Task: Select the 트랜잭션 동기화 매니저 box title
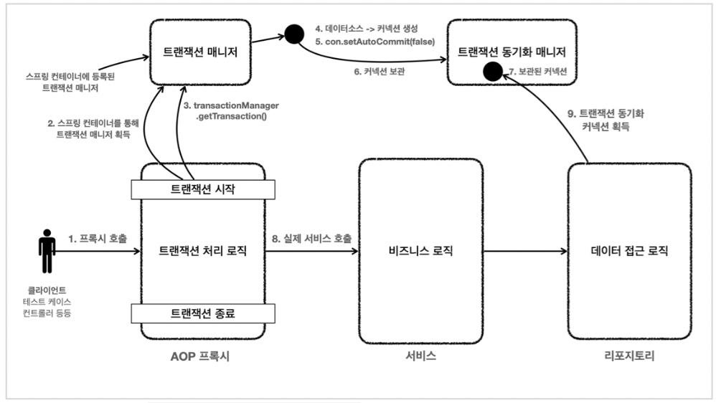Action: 512,52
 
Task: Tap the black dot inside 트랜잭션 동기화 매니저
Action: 492,71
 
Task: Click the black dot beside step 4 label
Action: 293,33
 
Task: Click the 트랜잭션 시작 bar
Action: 203,189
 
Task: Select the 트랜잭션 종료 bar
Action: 203,313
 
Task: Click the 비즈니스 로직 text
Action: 420,252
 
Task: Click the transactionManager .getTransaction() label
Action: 230,111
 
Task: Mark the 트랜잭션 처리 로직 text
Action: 203,252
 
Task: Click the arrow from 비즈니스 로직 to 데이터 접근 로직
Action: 523,252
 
